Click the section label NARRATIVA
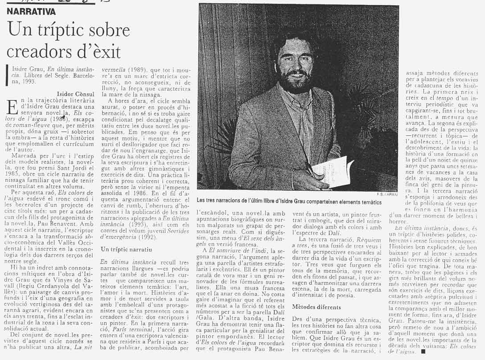click(x=31, y=12)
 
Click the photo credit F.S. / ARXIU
click(x=386, y=194)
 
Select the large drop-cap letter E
click(x=13, y=107)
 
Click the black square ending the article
click(x=423, y=352)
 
